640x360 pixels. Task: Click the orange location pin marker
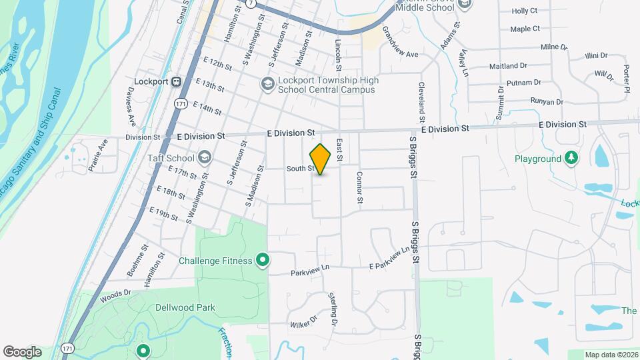pos(321,159)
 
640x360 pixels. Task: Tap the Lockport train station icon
pos(177,82)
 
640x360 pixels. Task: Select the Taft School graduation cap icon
pos(204,158)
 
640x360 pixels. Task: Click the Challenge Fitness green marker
pos(263,261)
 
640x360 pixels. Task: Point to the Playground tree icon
pos(571,159)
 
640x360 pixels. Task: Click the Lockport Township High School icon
pos(267,84)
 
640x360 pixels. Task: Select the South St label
pos(300,169)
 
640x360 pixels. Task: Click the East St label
pos(339,150)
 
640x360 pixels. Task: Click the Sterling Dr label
pos(333,308)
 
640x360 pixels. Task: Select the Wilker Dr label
pos(303,325)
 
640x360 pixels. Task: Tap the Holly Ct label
pos(524,11)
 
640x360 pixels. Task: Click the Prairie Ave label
pos(97,155)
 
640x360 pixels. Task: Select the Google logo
pos(22,351)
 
